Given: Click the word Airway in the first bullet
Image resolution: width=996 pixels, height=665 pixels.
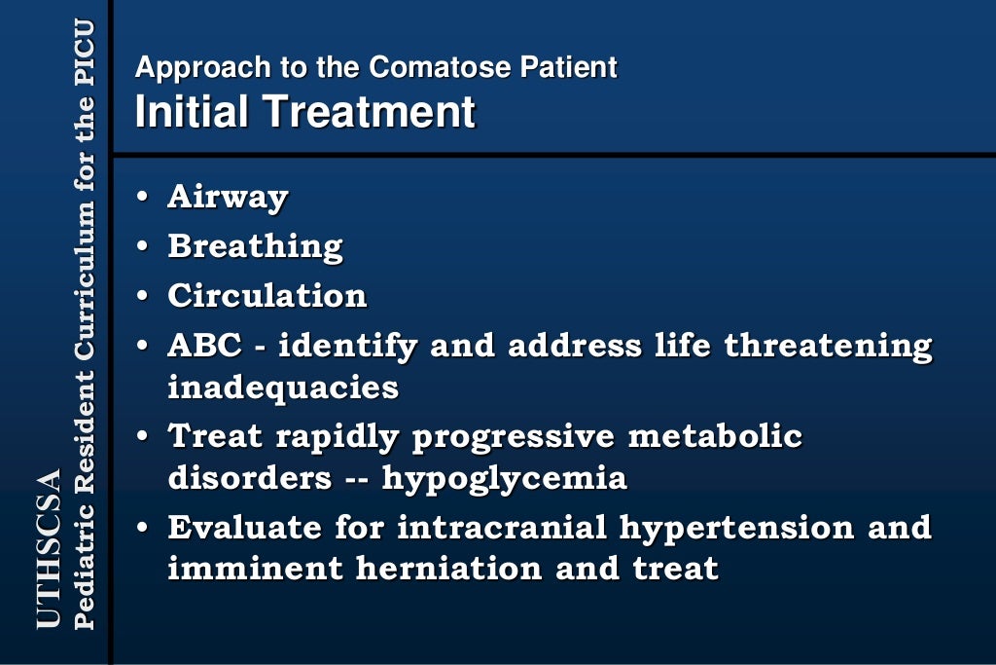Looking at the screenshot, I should [228, 197].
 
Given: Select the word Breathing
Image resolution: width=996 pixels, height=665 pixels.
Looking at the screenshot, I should [255, 246].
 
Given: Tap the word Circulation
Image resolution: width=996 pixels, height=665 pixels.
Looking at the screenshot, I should [267, 296].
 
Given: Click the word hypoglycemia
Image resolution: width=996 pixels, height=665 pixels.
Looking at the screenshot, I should [504, 479].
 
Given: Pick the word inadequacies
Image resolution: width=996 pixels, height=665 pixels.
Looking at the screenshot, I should [283, 388].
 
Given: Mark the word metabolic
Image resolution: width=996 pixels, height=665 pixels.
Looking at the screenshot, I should [715, 436].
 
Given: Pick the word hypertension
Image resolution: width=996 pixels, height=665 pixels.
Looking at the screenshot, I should [737, 528].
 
